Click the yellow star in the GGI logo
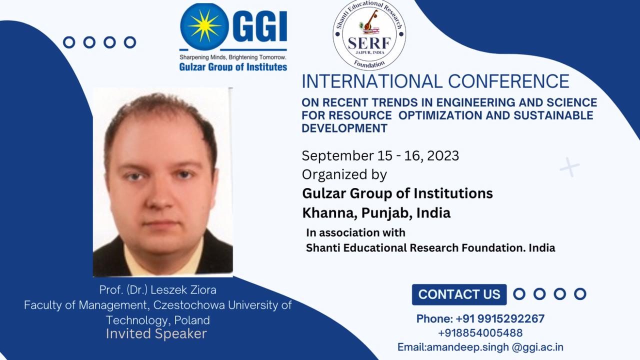click(x=204, y=26)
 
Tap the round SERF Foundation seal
click(x=369, y=34)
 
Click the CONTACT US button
click(x=459, y=294)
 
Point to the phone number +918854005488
click(x=480, y=333)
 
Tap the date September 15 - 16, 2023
click(x=380, y=155)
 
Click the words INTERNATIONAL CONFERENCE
click(x=435, y=81)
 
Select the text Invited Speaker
click(x=156, y=333)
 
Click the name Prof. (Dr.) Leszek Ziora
click(x=157, y=290)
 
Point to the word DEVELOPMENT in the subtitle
click(x=344, y=128)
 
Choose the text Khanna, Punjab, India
click(x=376, y=213)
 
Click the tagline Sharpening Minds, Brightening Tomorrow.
click(x=233, y=57)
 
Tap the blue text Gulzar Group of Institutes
click(x=233, y=67)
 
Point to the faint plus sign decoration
click(x=569, y=167)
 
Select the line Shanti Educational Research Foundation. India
click(x=430, y=247)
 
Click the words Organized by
click(x=344, y=174)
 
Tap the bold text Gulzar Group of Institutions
click(x=397, y=193)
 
